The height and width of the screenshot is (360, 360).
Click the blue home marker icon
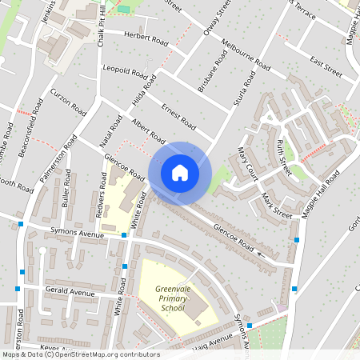[x=180, y=172]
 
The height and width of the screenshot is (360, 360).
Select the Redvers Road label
[x=102, y=190]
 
